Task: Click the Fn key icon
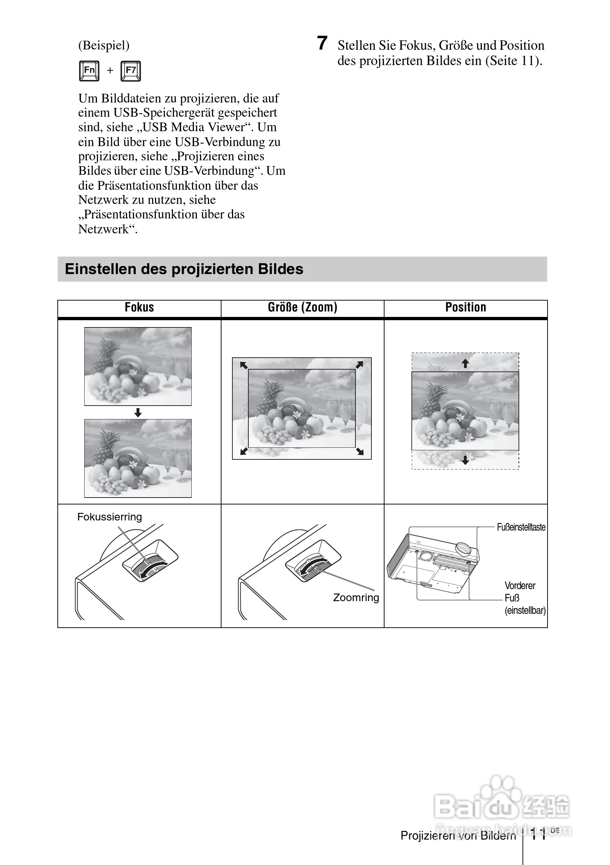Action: tap(89, 71)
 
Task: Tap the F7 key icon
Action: tap(131, 71)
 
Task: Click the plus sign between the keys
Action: tap(110, 71)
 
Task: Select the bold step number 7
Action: tap(322, 43)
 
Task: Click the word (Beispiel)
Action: tap(104, 45)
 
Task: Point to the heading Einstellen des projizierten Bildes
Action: tap(184, 269)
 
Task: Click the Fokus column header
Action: tap(139, 307)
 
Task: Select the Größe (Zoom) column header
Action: tap(302, 307)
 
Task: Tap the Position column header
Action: tap(465, 307)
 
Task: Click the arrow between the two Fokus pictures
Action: tap(138, 413)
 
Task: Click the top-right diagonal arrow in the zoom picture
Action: tap(359, 365)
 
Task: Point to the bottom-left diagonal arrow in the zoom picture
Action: tap(244, 451)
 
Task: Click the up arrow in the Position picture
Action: tap(465, 363)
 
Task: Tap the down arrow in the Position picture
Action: tap(465, 460)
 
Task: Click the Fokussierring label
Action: tap(110, 517)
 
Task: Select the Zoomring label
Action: tap(356, 598)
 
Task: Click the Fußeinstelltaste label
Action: tap(521, 527)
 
